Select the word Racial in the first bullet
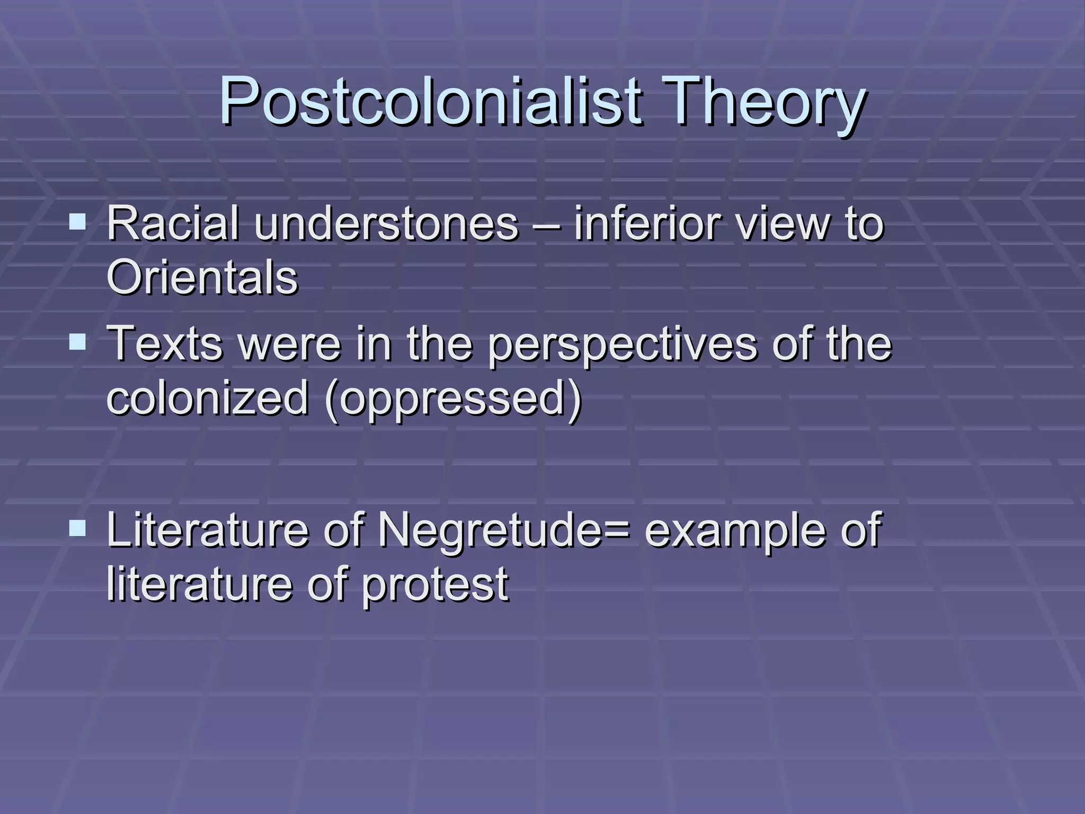pyautogui.click(x=173, y=223)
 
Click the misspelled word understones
pyautogui.click(x=386, y=223)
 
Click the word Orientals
pyautogui.click(x=202, y=277)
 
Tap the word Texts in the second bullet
pyautogui.click(x=165, y=343)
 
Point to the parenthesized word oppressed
pyautogui.click(x=453, y=399)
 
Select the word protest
pyautogui.click(x=435, y=585)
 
